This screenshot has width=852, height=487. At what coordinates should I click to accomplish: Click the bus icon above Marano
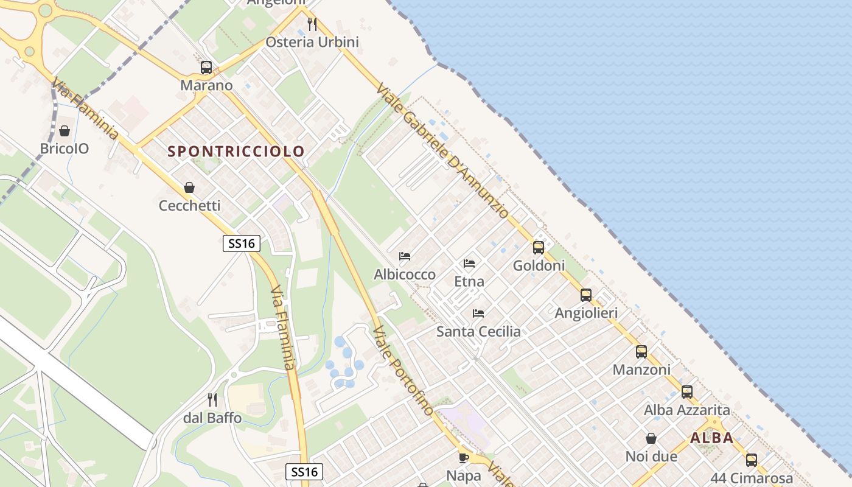click(x=206, y=68)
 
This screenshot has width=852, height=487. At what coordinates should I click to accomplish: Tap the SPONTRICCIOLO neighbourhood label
click(x=236, y=151)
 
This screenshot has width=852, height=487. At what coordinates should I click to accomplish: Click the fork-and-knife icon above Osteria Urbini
click(x=312, y=24)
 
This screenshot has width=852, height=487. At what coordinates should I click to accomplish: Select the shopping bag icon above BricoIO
click(x=65, y=131)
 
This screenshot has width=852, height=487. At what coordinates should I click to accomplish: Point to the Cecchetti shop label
click(x=189, y=206)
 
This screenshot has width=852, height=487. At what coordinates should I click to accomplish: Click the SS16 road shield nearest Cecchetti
click(x=241, y=243)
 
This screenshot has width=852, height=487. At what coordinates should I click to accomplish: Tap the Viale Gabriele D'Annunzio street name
click(x=442, y=150)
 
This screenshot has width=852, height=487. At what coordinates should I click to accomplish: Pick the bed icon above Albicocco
click(x=405, y=256)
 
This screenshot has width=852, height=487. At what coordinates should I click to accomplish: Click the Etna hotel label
click(x=469, y=281)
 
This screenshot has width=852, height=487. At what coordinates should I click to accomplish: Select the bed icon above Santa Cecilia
click(x=478, y=314)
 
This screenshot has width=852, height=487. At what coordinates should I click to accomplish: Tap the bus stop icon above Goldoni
click(x=539, y=248)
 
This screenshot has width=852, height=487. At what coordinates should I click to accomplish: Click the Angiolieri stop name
click(x=586, y=313)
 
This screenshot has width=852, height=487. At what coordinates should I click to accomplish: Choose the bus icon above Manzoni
click(x=641, y=352)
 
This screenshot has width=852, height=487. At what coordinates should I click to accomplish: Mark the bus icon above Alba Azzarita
click(x=687, y=392)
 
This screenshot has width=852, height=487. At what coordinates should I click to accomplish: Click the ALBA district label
click(x=711, y=438)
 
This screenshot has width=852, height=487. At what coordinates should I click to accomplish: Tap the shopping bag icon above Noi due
click(x=651, y=438)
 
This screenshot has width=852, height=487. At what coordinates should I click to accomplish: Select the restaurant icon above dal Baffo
click(x=212, y=400)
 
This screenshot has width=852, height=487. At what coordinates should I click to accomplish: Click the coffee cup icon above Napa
click(x=464, y=457)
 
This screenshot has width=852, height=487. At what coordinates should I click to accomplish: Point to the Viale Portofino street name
click(x=403, y=371)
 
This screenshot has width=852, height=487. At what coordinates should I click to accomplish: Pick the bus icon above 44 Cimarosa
click(x=752, y=460)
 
